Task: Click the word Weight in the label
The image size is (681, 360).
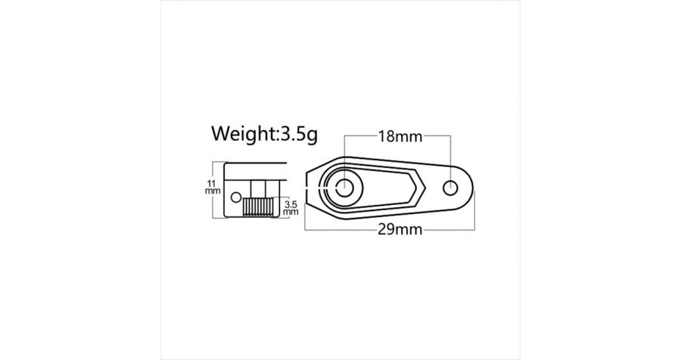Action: pos(243,133)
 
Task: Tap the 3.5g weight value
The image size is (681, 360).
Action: pos(299,135)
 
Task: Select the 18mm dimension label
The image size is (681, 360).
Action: pos(400,136)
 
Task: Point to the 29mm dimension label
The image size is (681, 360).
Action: pos(400,229)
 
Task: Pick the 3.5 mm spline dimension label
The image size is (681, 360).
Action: pos(291,207)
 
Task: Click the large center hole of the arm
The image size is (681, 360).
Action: pos(345,188)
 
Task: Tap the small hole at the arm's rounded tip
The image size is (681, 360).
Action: pos(450,188)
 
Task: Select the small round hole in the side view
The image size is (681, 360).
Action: pos(236,197)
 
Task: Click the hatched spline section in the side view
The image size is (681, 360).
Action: pos(257,206)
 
